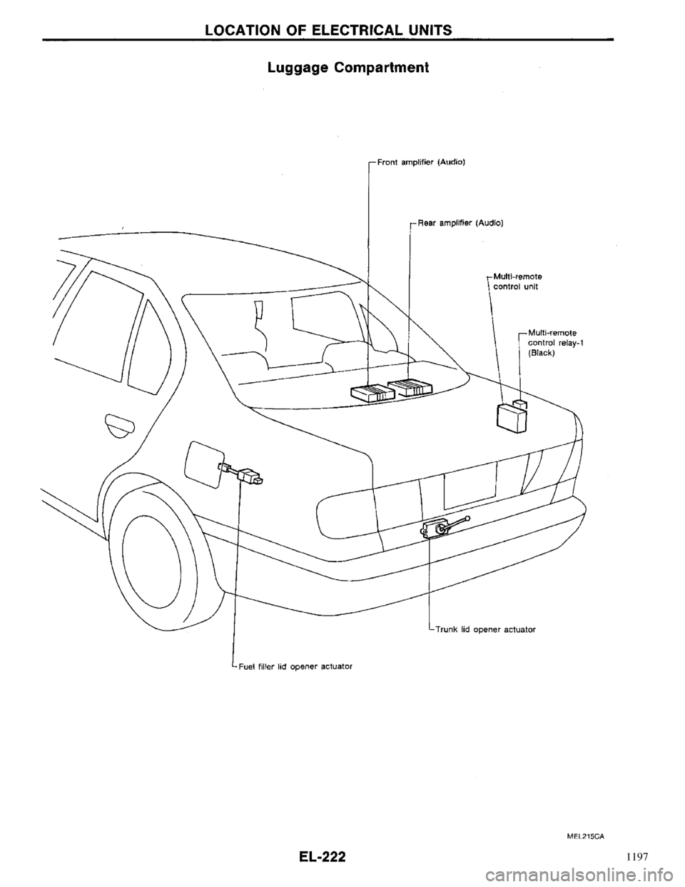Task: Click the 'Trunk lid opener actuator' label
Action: coord(484,629)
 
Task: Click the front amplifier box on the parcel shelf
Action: coord(373,393)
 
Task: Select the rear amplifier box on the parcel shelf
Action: coord(410,387)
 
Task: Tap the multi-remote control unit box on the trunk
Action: coord(512,419)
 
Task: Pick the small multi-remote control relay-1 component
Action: coord(520,404)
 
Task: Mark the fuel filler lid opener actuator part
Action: coord(241,473)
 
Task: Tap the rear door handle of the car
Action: coord(120,424)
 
